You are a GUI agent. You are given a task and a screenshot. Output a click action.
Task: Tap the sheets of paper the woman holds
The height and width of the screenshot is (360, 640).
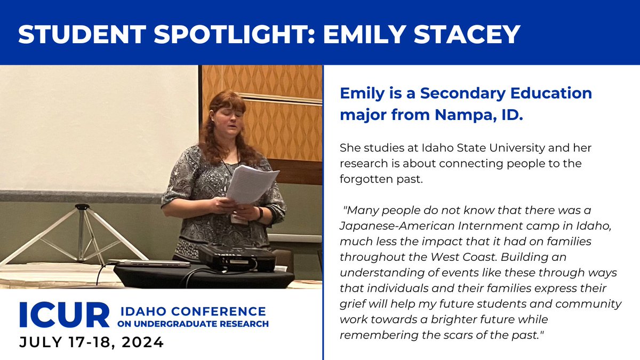251,184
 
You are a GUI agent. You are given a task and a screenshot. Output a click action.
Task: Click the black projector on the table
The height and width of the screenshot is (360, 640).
237,258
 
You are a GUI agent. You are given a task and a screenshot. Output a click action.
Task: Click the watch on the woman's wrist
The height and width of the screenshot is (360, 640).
260,213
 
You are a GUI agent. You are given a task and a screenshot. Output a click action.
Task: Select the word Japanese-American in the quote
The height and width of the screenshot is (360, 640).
389,226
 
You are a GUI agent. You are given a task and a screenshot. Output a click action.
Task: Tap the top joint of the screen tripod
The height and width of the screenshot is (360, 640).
82,207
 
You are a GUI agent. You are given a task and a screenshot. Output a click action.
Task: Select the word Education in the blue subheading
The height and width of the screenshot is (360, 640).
539,93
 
